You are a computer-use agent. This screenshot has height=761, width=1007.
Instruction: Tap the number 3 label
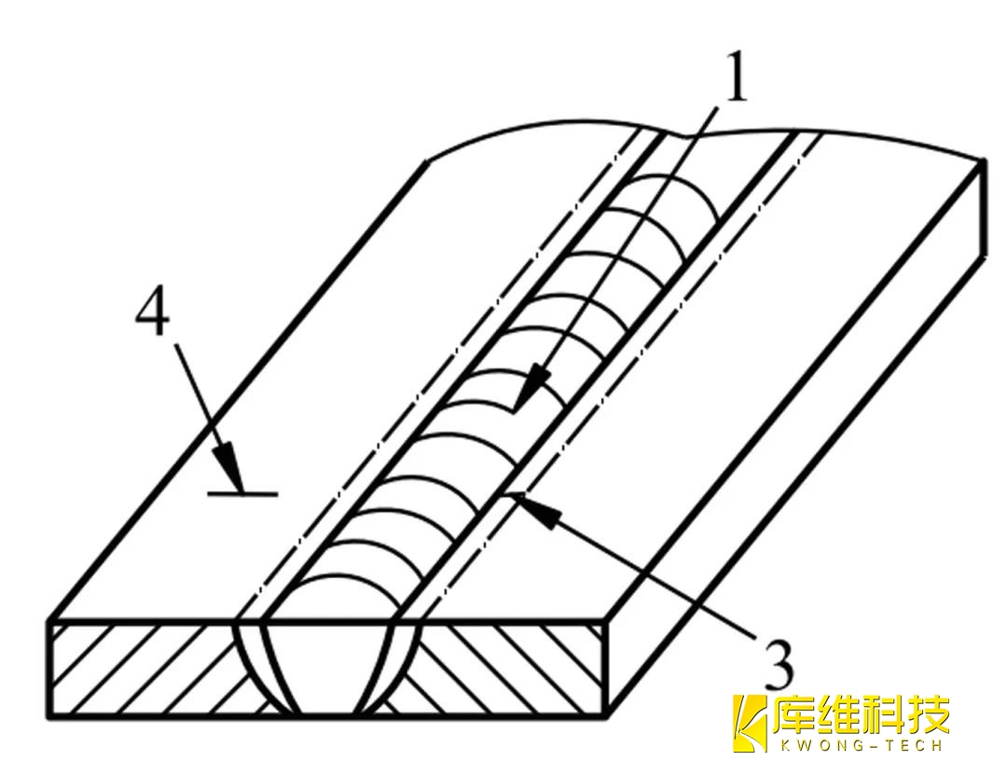pos(775,663)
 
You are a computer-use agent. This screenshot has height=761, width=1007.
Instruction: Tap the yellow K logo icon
pos(749,724)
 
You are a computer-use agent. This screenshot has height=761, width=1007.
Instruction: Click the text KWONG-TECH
pos(859,745)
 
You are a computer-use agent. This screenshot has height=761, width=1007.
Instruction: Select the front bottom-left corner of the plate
pos(49,716)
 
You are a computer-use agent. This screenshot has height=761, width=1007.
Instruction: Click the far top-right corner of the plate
pos(985,160)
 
